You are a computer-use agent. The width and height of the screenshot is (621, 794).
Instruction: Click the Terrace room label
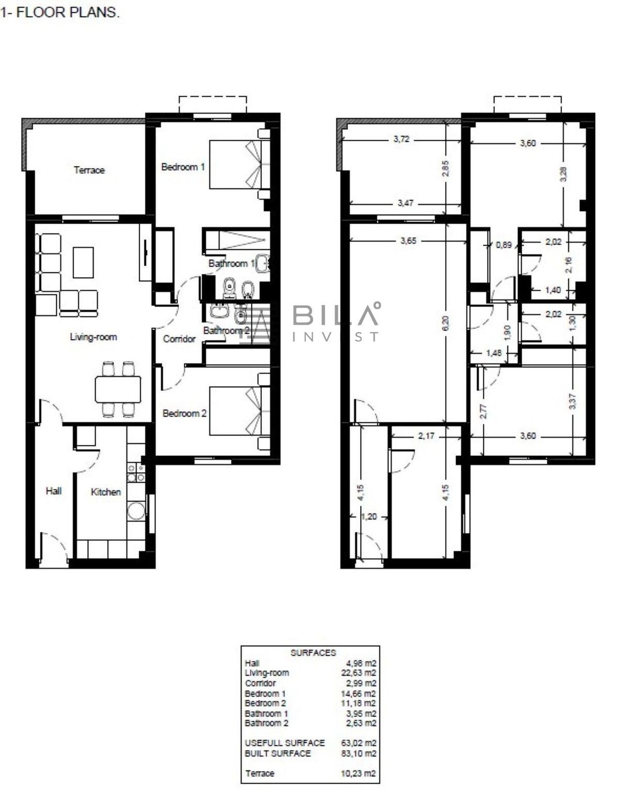coord(89,170)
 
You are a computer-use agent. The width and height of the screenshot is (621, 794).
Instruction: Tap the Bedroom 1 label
coord(183,167)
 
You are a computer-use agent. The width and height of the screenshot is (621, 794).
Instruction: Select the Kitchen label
coord(106,492)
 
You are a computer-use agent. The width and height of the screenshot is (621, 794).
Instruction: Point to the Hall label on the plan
coord(53,491)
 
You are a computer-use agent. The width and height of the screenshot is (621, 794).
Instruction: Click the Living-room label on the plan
coord(94,337)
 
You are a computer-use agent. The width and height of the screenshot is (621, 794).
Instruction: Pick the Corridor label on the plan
coord(179,339)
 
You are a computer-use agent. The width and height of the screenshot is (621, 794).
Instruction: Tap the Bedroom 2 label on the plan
coord(185,413)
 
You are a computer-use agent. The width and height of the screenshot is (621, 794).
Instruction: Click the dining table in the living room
coord(117,389)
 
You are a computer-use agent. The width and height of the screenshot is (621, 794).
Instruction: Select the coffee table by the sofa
coord(83,262)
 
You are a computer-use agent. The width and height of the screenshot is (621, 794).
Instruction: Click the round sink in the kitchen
coord(136,511)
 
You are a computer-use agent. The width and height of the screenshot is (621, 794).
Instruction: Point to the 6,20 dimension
coord(445,324)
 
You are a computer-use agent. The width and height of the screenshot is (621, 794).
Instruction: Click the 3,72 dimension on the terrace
coord(402,139)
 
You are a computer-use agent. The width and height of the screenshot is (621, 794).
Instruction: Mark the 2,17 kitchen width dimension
coord(426,436)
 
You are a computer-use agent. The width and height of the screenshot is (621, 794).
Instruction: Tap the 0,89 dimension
coord(504,245)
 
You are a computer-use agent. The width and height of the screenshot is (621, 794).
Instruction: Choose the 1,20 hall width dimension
coord(369,517)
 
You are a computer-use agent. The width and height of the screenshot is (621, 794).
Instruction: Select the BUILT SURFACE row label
coord(278,754)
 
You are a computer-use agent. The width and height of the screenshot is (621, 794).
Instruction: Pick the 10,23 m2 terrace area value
coord(359,773)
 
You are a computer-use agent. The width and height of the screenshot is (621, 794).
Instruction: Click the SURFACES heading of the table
coord(313,653)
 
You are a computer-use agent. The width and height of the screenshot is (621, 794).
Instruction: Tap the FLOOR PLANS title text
coord(68,12)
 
